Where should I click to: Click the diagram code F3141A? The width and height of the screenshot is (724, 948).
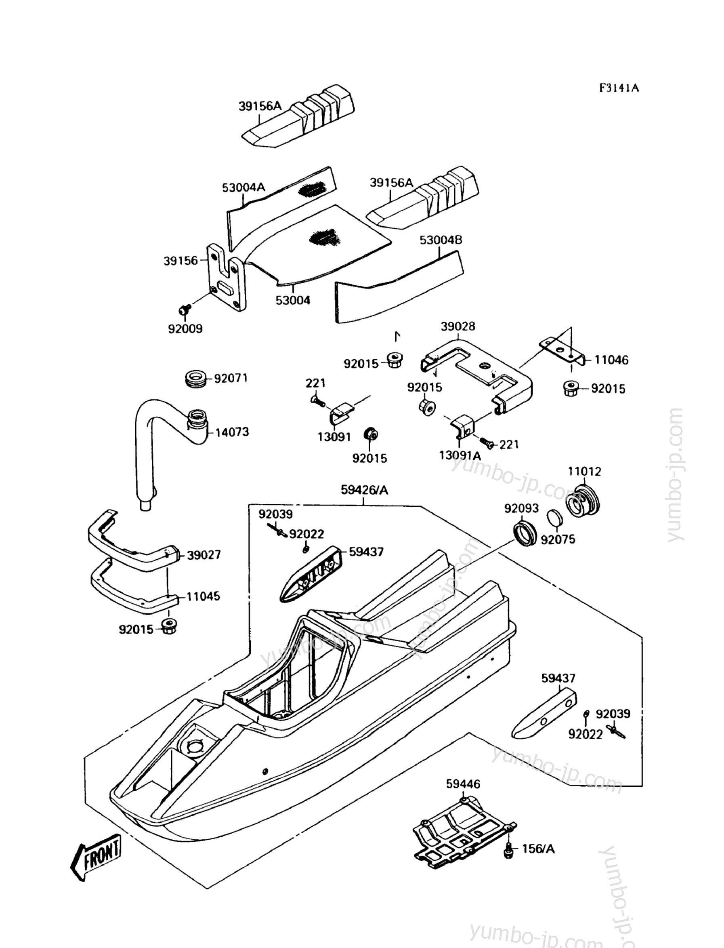pos(619,88)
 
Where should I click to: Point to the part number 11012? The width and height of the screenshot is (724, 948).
pos(584,472)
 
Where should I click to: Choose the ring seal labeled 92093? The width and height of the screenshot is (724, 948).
pos(525,534)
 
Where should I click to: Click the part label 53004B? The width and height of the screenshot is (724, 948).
pos(441,240)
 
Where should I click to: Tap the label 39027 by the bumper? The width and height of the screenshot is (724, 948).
pos(204,555)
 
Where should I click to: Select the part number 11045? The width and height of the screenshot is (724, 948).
pos(203,596)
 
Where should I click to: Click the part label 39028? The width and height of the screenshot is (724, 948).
pos(457,327)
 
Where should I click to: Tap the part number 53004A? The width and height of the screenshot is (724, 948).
pos(243,187)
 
